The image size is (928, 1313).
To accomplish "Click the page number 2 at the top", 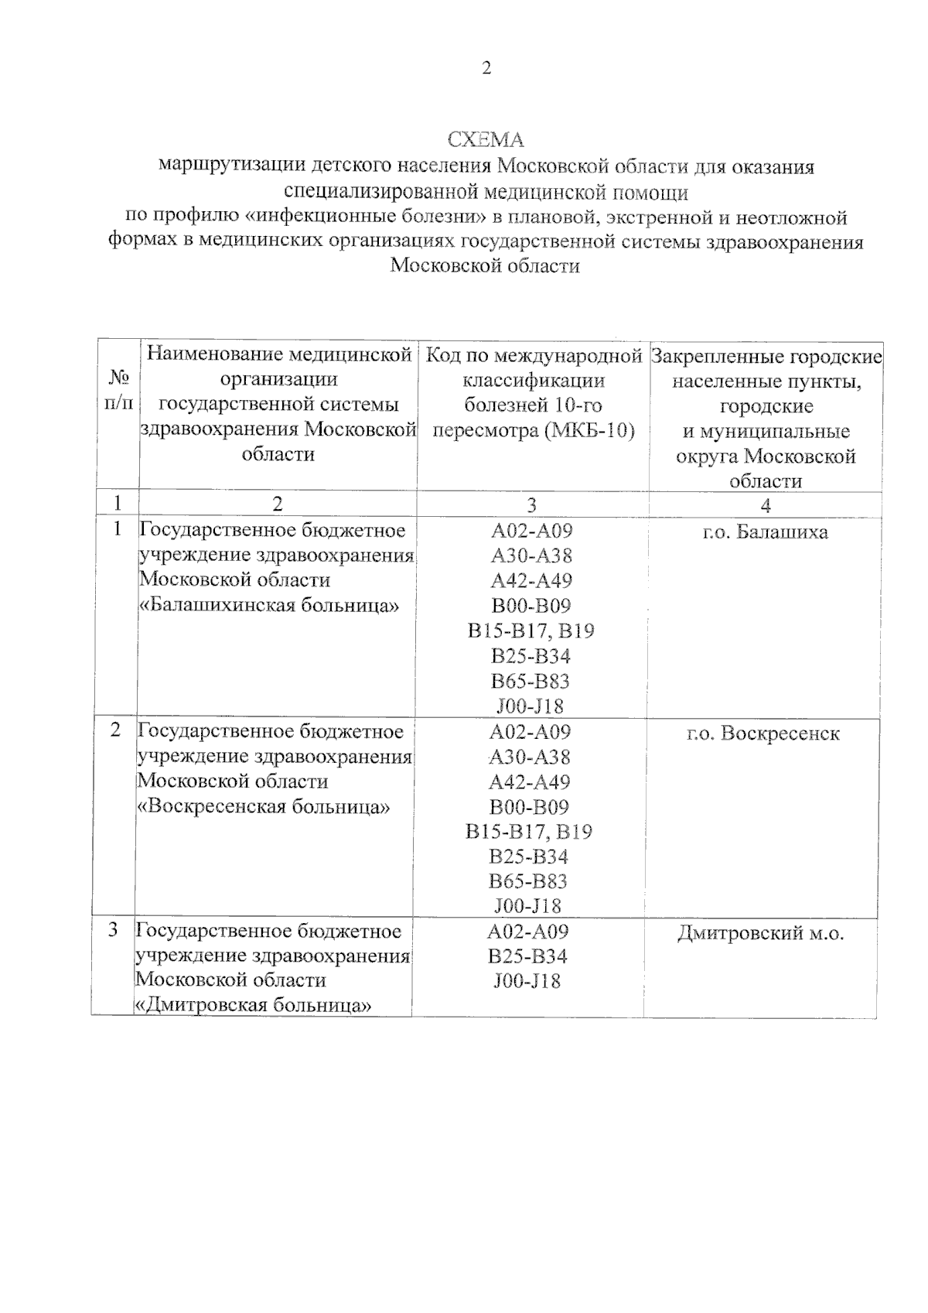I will pyautogui.click(x=486, y=68).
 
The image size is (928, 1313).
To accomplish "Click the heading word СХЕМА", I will pyautogui.click(x=486, y=140).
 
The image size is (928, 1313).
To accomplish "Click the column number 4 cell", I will pyautogui.click(x=765, y=504).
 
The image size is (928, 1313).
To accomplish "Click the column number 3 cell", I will pyautogui.click(x=532, y=504).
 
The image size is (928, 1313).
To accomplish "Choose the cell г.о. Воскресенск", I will pyautogui.click(x=763, y=733).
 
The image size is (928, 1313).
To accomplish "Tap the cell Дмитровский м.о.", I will pyautogui.click(x=760, y=933).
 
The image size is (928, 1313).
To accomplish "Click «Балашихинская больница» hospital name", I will pyautogui.click(x=268, y=605).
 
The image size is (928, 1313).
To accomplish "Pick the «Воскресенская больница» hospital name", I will pyautogui.click(x=263, y=806).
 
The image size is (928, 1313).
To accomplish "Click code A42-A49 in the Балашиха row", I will pyautogui.click(x=531, y=580).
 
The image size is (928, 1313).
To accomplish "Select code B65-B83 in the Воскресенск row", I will pyautogui.click(x=528, y=881).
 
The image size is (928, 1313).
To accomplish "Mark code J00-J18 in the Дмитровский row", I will pyautogui.click(x=527, y=981).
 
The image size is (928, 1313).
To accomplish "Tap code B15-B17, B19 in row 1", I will pyautogui.click(x=531, y=631).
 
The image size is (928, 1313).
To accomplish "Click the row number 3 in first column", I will pyautogui.click(x=114, y=930).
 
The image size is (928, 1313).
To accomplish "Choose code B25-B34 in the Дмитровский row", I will pyautogui.click(x=527, y=956).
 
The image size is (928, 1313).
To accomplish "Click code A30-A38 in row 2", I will pyautogui.click(x=530, y=757).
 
